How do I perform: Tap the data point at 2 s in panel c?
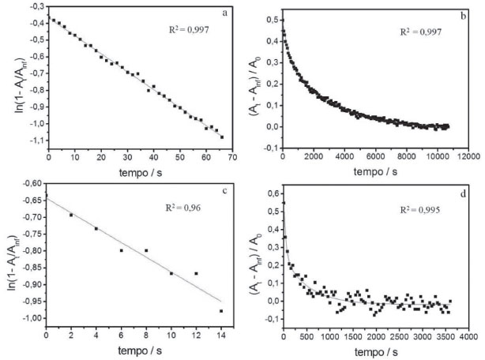point(71,215)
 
